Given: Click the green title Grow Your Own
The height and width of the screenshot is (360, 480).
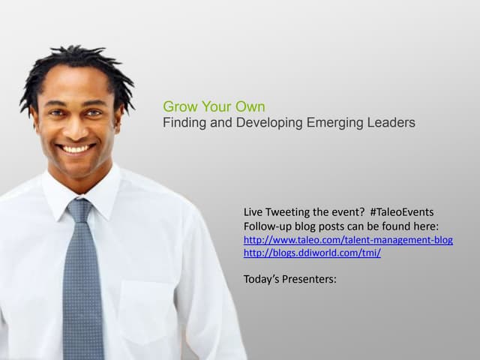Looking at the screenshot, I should pos(214,106).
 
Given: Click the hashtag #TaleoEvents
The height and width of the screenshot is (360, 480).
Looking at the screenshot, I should pos(402,212).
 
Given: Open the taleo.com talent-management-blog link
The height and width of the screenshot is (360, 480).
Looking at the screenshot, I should pos(348,240).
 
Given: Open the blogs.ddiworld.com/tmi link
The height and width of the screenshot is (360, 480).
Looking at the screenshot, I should pos(312,253).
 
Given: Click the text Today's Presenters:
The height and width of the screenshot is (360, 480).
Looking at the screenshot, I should pos(290,280).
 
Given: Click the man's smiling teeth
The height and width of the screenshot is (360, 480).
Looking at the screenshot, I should pos(75,148).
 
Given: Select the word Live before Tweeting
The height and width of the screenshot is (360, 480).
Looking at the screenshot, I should pos(254,212).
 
